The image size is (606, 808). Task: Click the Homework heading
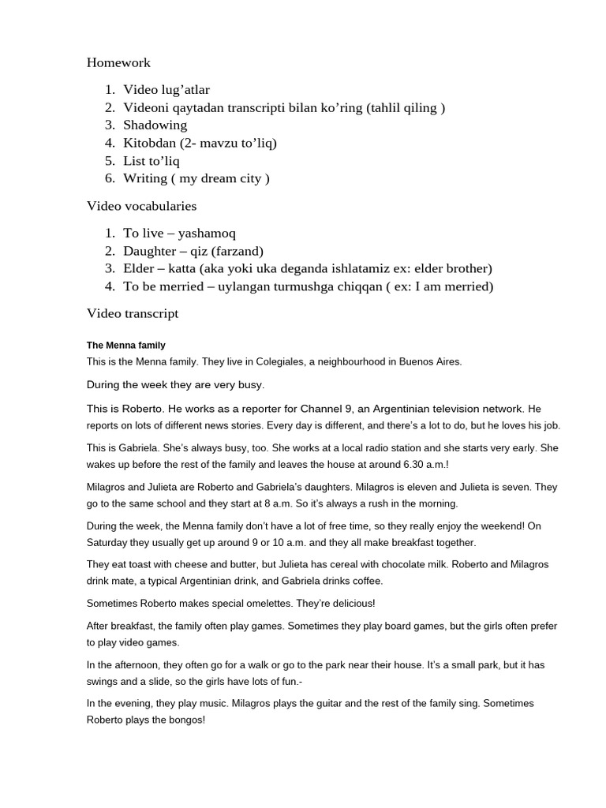[118, 62]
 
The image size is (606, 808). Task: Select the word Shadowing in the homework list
[155, 125]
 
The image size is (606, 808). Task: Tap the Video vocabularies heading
[141, 206]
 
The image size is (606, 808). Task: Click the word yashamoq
[207, 234]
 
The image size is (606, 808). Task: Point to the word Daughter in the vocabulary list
[150, 251]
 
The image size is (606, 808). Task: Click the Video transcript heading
[133, 313]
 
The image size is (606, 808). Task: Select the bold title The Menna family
[125, 346]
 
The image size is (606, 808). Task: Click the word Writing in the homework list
[145, 178]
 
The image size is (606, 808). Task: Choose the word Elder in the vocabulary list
[139, 268]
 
